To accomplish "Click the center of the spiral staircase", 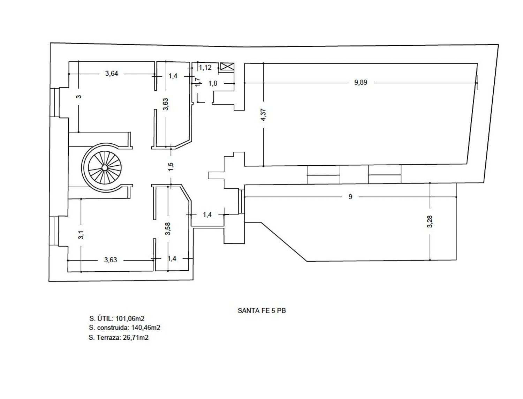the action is click(x=104, y=167).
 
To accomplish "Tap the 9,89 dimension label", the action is click(x=361, y=82).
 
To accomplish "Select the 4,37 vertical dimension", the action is click(x=263, y=115).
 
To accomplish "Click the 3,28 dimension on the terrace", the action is click(x=430, y=221).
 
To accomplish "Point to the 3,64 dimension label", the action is click(x=112, y=73).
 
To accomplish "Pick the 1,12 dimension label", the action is click(x=205, y=68).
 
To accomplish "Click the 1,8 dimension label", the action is click(x=213, y=83).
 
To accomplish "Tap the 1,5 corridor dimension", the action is click(x=171, y=167).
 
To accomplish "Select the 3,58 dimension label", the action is click(x=168, y=228).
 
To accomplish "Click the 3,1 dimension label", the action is click(x=81, y=235).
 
